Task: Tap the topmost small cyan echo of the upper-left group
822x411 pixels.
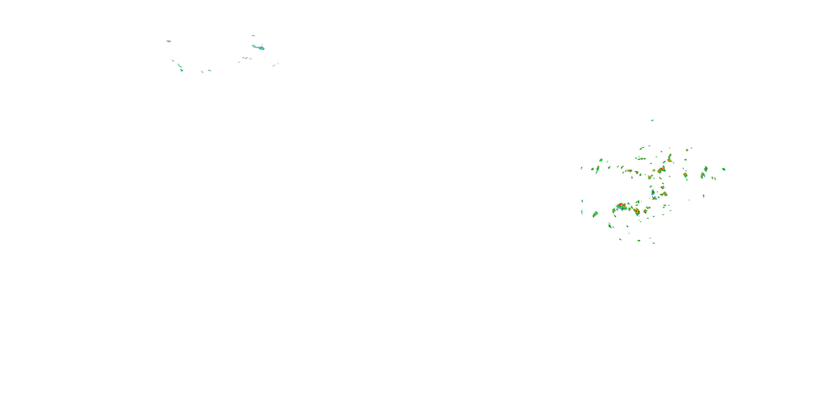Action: (253, 35)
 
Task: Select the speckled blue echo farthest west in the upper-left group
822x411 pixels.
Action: (169, 41)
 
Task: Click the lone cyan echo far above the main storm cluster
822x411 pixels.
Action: (652, 120)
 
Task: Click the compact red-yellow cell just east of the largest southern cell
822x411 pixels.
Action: (637, 211)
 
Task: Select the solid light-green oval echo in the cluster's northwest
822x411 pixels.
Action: (601, 160)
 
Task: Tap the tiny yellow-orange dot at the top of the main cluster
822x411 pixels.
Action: (649, 146)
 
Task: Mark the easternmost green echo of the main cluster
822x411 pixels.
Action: (724, 169)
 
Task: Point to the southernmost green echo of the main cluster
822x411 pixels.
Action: (654, 243)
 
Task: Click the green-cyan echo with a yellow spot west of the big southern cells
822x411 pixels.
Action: (595, 214)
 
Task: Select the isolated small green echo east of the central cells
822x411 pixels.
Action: (704, 196)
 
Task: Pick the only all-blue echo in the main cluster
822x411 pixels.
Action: (632, 177)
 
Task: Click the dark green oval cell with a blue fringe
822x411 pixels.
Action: (653, 192)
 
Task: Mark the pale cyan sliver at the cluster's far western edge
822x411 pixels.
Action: (582, 212)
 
